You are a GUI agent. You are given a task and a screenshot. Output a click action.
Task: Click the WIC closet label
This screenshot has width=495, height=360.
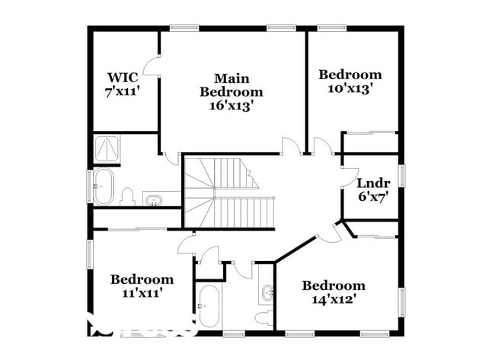click(x=122, y=77)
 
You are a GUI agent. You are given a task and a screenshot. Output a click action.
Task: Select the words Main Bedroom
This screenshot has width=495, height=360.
click(x=232, y=85)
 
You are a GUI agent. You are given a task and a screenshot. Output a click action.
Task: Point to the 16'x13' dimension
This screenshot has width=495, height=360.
click(x=232, y=106)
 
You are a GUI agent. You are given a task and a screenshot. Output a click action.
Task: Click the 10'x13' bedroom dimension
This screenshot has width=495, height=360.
click(x=350, y=88)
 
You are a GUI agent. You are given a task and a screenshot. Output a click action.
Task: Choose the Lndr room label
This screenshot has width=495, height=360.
click(x=373, y=183)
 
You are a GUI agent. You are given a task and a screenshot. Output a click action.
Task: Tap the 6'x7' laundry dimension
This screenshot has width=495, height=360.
click(x=373, y=196)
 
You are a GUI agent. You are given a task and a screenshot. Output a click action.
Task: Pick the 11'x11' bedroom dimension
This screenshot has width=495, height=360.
click(x=142, y=292)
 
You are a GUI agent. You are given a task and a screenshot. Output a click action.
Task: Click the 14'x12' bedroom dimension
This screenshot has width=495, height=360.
click(x=334, y=299)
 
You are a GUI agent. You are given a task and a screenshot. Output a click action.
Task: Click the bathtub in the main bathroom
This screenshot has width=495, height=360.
click(x=103, y=186)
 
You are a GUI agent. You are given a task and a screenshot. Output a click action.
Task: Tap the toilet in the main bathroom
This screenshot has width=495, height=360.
click(x=127, y=197)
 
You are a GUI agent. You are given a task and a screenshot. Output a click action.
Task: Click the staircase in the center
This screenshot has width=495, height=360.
click(x=228, y=194)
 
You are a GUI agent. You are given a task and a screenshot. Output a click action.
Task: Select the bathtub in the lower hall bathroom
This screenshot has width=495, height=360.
click(x=208, y=306)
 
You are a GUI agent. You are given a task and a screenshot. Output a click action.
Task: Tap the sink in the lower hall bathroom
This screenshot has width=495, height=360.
click(x=267, y=292)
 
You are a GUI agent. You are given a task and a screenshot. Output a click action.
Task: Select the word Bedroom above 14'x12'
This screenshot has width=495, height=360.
click(x=334, y=285)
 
